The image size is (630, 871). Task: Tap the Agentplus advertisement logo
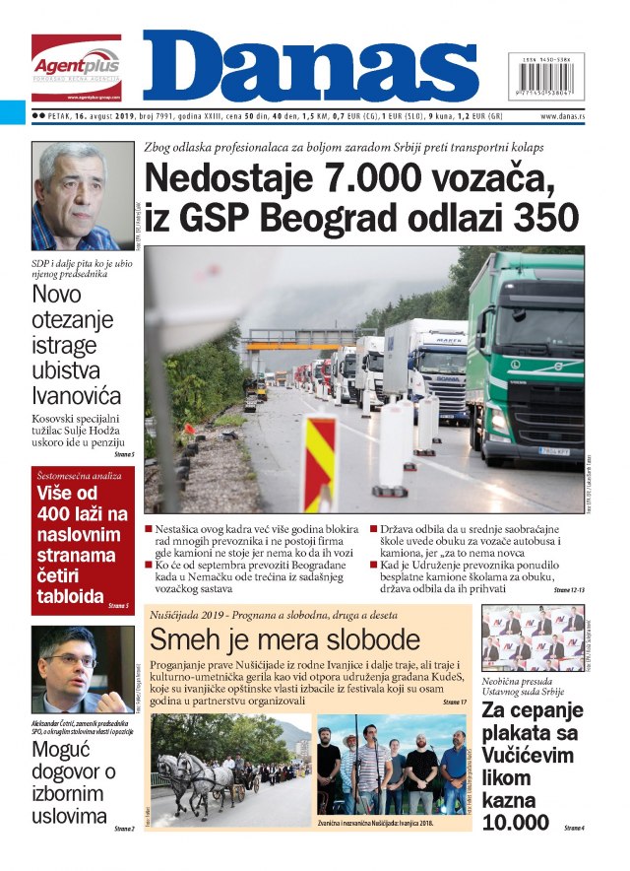pyautogui.click(x=76, y=67)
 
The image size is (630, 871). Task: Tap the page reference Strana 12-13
pyautogui.click(x=568, y=589)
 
